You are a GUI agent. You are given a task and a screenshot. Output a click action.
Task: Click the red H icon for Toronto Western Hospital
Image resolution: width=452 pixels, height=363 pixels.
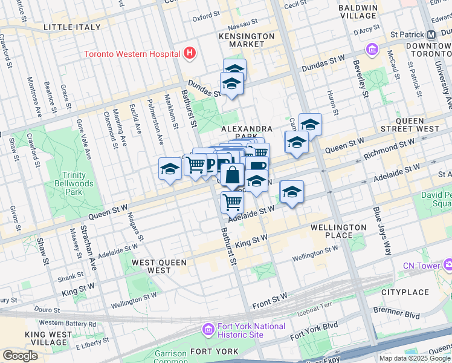coord(190,53)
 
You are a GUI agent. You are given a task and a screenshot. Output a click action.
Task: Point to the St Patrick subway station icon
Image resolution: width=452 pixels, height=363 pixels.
coord(433,34)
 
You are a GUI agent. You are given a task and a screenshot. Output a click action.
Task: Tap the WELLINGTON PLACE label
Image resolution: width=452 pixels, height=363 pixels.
coord(338,231)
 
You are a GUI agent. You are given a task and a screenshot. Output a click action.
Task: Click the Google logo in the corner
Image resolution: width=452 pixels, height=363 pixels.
coord(20,356)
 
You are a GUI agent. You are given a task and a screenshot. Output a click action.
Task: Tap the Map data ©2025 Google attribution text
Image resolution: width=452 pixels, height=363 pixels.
coord(414,358)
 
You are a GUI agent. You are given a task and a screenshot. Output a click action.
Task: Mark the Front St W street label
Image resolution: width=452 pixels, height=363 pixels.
coord(270,300)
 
